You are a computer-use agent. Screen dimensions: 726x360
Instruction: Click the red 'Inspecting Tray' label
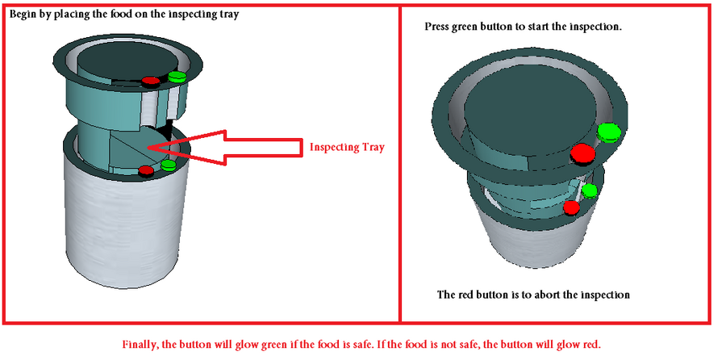(x=347, y=148)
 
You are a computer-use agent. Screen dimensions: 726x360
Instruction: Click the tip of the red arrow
(x=148, y=148)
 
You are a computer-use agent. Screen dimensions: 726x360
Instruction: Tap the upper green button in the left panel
(x=177, y=77)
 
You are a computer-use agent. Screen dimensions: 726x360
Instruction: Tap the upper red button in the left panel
(x=151, y=82)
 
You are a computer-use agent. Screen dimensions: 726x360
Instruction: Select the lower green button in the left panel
(x=168, y=165)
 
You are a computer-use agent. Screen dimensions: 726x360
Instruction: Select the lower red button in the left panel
(x=146, y=171)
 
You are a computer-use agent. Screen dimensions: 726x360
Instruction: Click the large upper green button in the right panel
(x=608, y=132)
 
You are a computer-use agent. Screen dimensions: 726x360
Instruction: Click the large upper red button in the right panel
(x=582, y=154)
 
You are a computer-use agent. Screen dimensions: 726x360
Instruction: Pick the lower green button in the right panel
(x=589, y=190)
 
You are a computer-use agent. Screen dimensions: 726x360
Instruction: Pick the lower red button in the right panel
(x=571, y=207)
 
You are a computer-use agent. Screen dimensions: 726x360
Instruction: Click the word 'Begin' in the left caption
(x=22, y=15)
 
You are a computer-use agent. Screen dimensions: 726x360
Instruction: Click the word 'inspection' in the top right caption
(x=596, y=27)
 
